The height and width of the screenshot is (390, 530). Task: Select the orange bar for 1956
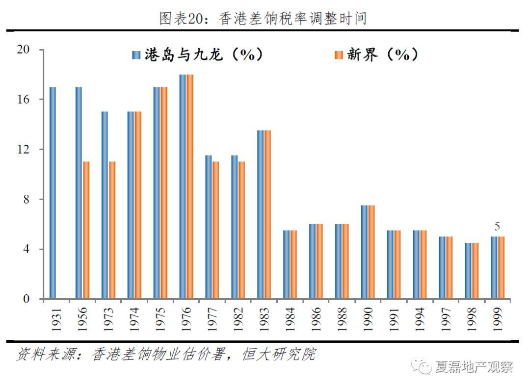86,230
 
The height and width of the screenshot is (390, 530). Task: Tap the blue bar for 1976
183,186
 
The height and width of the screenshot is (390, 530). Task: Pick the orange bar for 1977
216,230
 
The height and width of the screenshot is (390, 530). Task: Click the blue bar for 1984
287,264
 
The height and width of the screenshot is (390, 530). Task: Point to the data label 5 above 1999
497,227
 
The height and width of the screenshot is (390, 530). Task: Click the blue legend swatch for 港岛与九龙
136,55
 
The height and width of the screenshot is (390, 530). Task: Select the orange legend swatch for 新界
339,55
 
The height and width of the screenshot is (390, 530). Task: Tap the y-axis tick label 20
23,50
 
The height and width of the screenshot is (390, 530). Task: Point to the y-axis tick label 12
23,149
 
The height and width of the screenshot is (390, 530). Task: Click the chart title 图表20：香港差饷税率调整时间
264,19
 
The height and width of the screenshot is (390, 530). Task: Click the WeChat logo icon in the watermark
422,366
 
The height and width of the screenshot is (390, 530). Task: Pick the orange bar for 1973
112,230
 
